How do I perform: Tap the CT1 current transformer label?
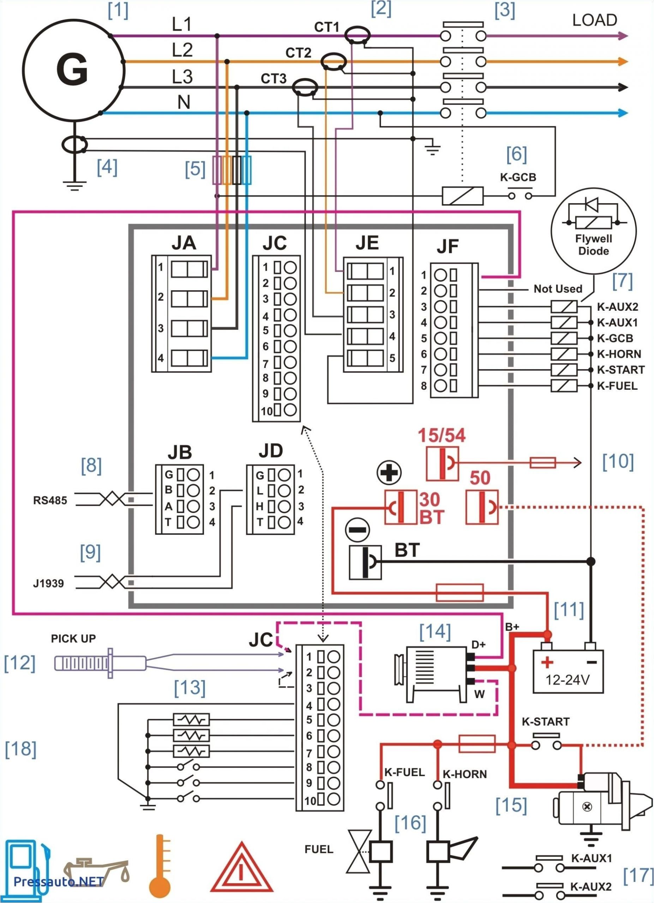[x=326, y=27]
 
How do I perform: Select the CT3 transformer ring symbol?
[x=305, y=87]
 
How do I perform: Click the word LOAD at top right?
[x=594, y=20]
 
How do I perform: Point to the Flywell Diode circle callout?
[x=593, y=231]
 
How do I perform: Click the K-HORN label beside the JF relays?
[x=619, y=354]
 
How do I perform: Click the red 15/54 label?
[x=441, y=435]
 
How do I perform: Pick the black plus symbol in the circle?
[x=389, y=473]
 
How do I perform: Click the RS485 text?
[x=50, y=501]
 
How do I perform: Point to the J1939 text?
[x=48, y=584]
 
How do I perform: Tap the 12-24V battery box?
[x=568, y=672]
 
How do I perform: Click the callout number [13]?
[x=190, y=687]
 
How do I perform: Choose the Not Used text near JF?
[x=558, y=289]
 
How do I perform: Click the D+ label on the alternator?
[x=478, y=644]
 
